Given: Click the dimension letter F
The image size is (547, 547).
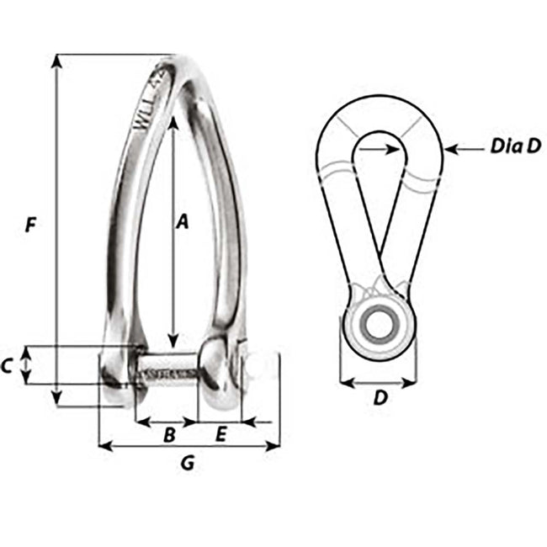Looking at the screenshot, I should [31, 225].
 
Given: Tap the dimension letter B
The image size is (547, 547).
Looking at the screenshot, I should [168, 435].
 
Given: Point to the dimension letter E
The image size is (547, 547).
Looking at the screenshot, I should [220, 435].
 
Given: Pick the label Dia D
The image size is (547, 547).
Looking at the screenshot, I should [515, 146].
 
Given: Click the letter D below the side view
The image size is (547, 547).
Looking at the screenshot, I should [380, 399].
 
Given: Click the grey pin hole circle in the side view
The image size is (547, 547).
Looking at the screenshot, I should [378, 325].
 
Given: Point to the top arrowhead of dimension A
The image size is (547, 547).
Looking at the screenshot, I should [173, 122].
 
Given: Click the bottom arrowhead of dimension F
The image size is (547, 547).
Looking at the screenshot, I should [57, 401].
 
